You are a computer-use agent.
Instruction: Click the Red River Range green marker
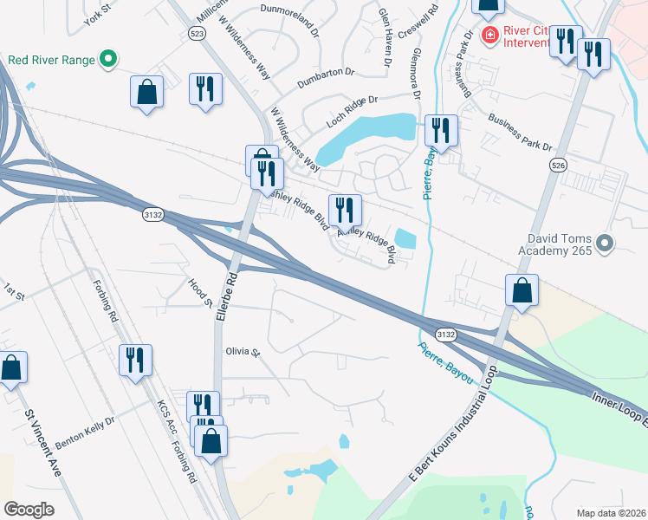(x=108, y=60)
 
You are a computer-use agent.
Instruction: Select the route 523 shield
(x=196, y=31)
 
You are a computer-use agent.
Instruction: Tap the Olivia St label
(x=243, y=352)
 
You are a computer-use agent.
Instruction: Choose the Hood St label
(x=200, y=292)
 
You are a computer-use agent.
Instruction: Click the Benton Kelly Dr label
(x=85, y=431)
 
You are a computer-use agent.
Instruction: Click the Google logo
(x=29, y=510)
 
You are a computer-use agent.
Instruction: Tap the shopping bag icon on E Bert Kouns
(x=522, y=290)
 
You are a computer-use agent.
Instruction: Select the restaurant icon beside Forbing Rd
(x=135, y=360)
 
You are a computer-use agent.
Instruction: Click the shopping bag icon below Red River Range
(x=146, y=91)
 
